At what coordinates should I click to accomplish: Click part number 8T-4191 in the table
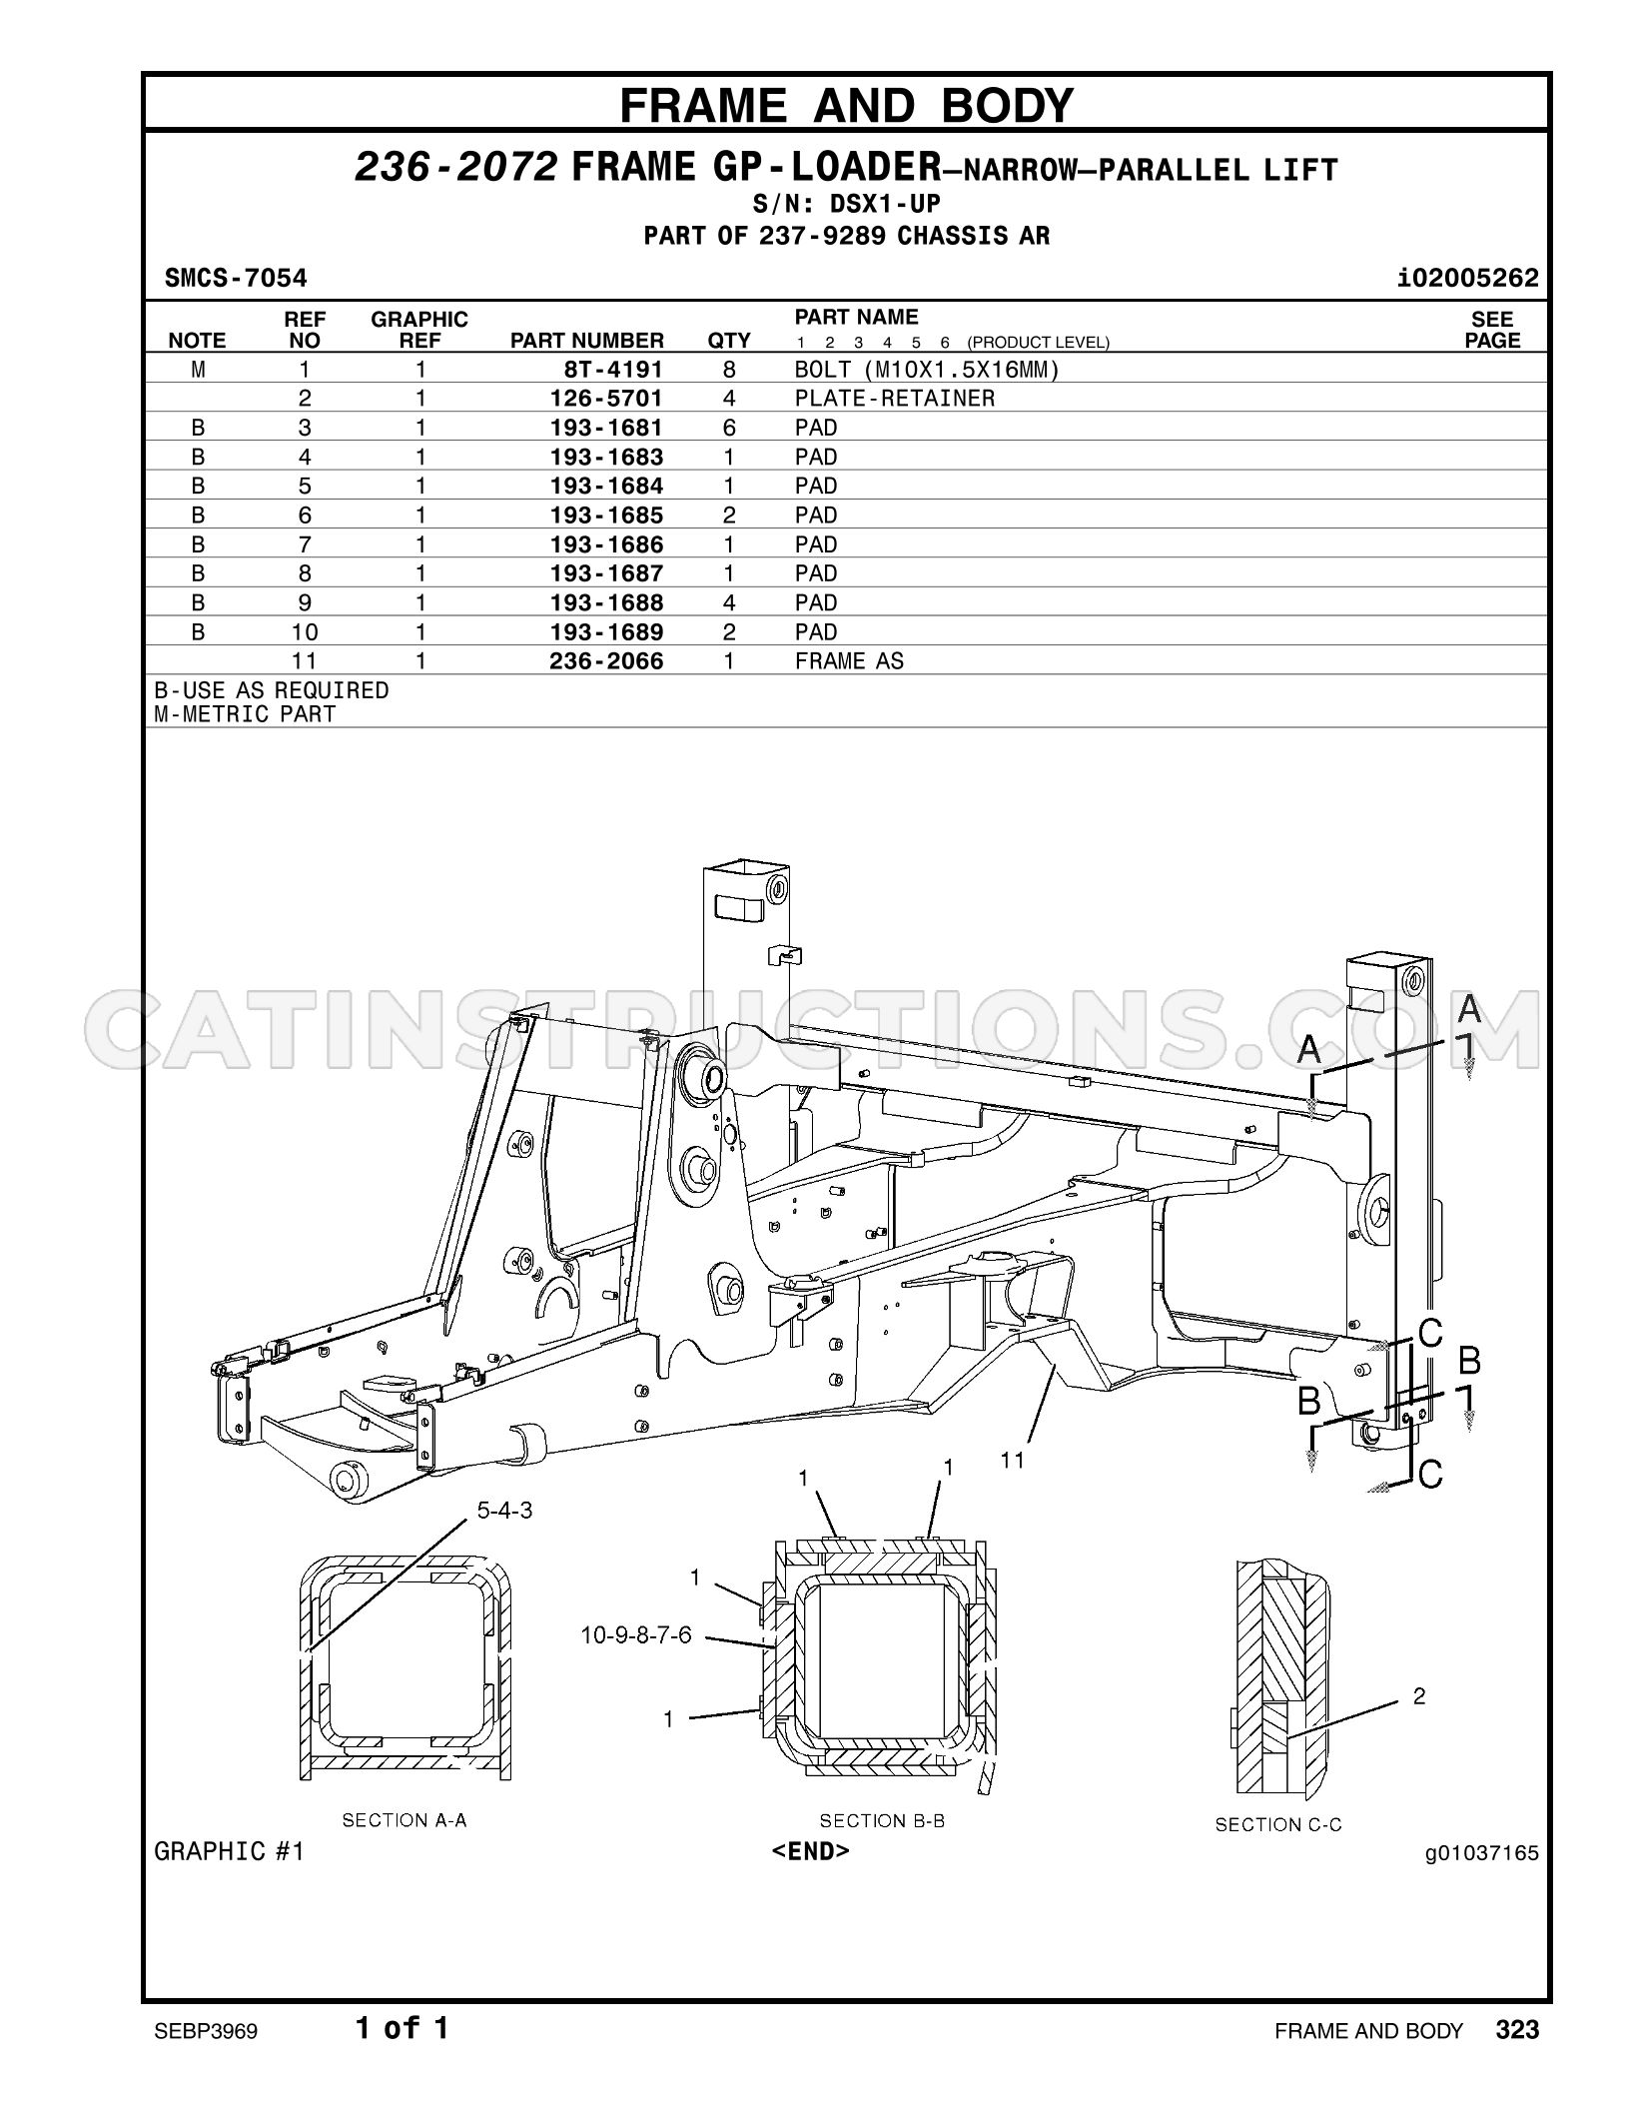613,370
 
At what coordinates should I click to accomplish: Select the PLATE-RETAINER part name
895,399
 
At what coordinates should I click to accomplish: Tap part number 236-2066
606,661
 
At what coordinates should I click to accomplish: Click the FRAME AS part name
849,661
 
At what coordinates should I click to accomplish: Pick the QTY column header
729,341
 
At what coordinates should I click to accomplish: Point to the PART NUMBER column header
587,341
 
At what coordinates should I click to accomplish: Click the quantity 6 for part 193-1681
729,428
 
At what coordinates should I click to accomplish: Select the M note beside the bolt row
198,370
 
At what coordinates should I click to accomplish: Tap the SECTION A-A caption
405,1820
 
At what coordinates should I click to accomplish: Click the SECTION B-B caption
882,1821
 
